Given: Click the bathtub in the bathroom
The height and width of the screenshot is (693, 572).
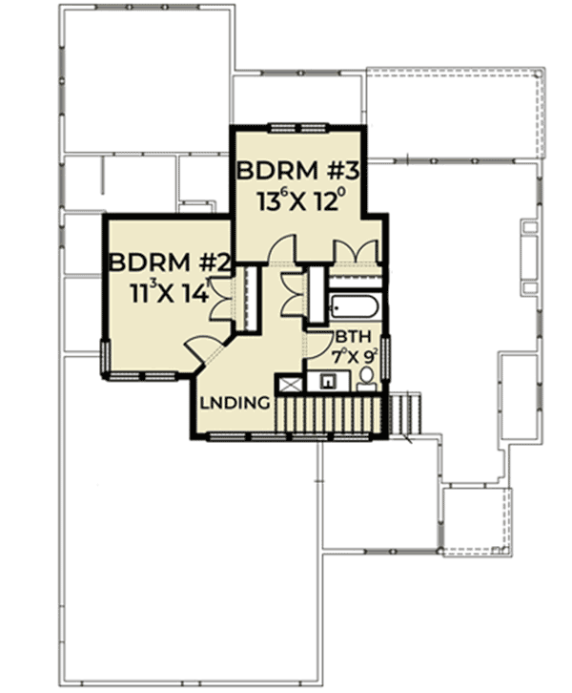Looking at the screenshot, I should pyautogui.click(x=355, y=307).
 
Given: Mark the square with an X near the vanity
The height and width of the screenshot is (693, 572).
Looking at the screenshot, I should pyautogui.click(x=288, y=384).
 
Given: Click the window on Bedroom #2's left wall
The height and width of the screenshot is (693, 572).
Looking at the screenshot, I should pyautogui.click(x=105, y=357).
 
